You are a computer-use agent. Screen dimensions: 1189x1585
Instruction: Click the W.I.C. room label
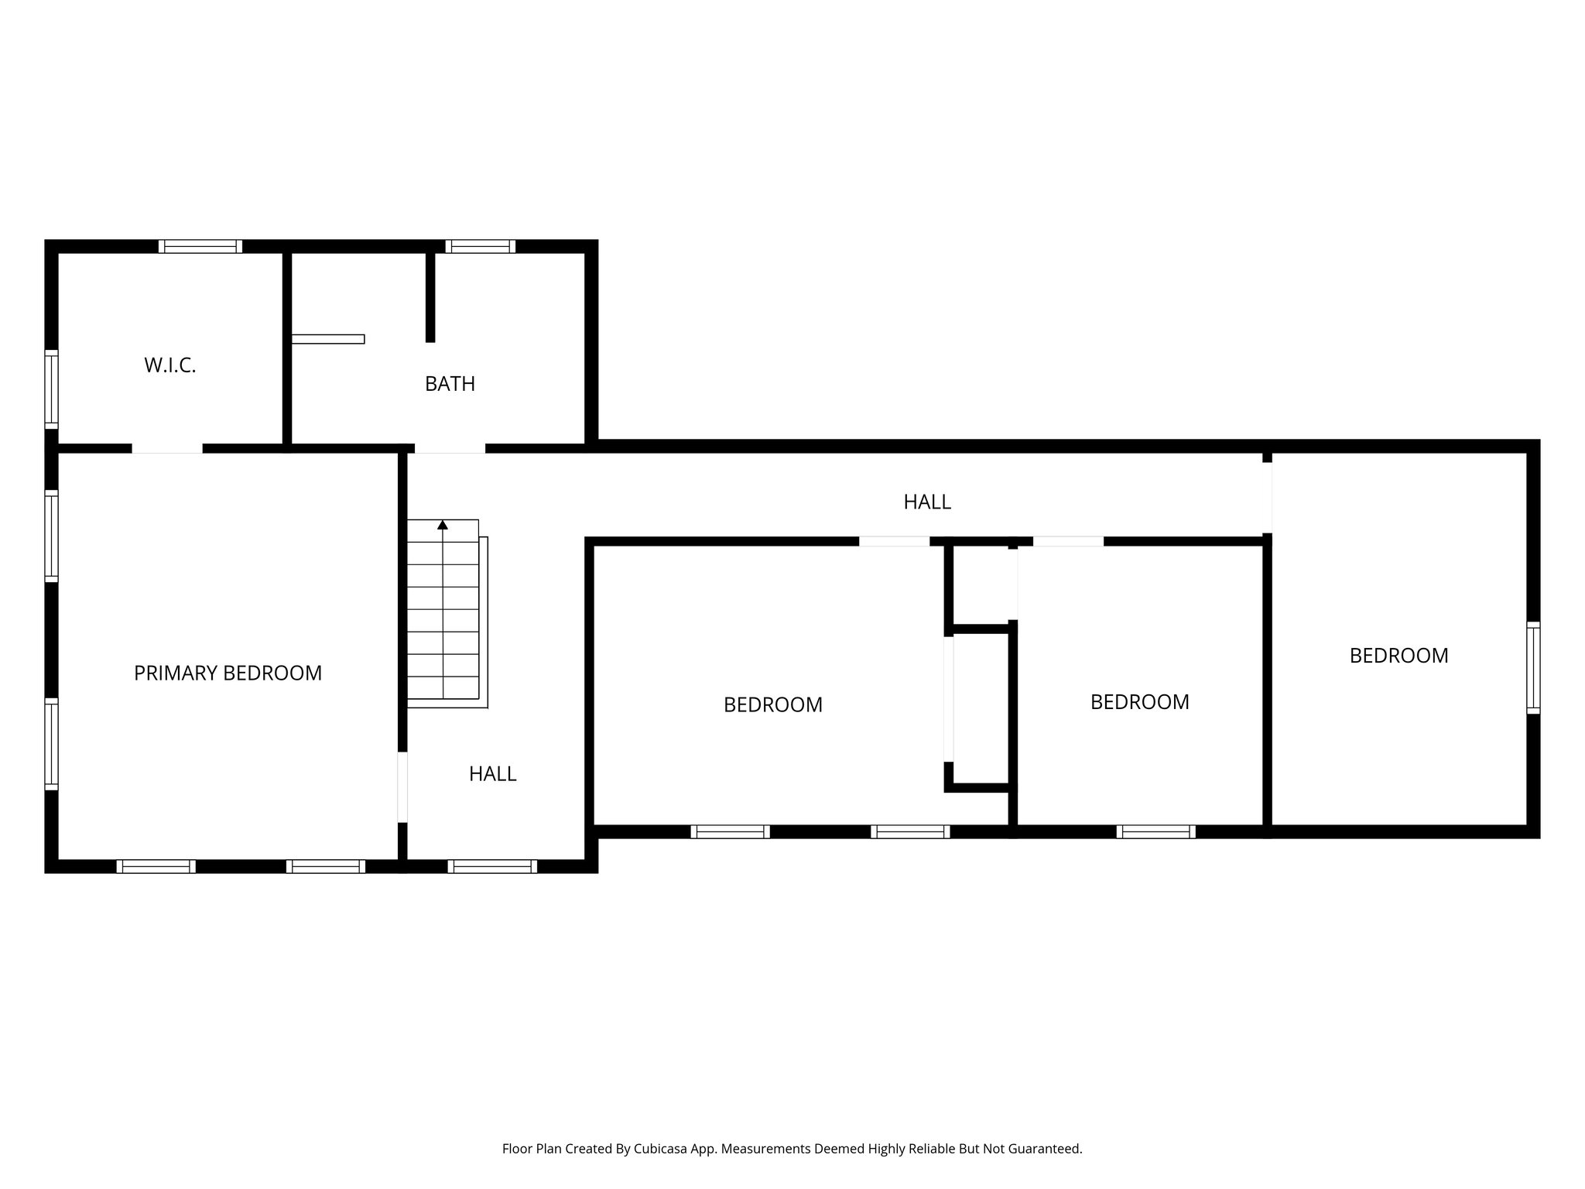[170, 365]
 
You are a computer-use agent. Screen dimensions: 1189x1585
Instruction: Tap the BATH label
[450, 384]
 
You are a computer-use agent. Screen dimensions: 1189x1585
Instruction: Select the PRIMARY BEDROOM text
[228, 673]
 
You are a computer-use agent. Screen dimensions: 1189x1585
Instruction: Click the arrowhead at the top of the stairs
[443, 525]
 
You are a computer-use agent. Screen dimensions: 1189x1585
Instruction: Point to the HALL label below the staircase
[492, 774]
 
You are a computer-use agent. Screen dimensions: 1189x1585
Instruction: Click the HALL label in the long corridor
[927, 502]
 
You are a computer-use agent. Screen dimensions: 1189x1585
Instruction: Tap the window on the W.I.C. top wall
[200, 246]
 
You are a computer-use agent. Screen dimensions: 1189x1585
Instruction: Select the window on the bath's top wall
[480, 246]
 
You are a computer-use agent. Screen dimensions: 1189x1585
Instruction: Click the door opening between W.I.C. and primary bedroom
[167, 448]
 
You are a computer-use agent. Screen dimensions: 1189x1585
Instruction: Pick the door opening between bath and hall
[450, 448]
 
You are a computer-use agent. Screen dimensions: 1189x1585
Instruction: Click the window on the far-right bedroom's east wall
[1532, 667]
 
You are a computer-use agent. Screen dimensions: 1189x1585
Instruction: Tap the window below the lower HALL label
[492, 866]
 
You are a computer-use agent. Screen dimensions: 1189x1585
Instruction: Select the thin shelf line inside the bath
[328, 339]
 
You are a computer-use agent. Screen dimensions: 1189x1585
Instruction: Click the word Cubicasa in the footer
[662, 1149]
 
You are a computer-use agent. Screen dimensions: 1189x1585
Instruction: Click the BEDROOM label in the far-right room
[1398, 656]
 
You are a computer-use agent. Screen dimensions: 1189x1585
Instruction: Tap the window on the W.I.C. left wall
[51, 389]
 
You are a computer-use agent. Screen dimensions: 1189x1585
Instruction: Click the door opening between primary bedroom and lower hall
[402, 786]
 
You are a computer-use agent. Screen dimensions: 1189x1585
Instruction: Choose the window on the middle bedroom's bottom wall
[1155, 831]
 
